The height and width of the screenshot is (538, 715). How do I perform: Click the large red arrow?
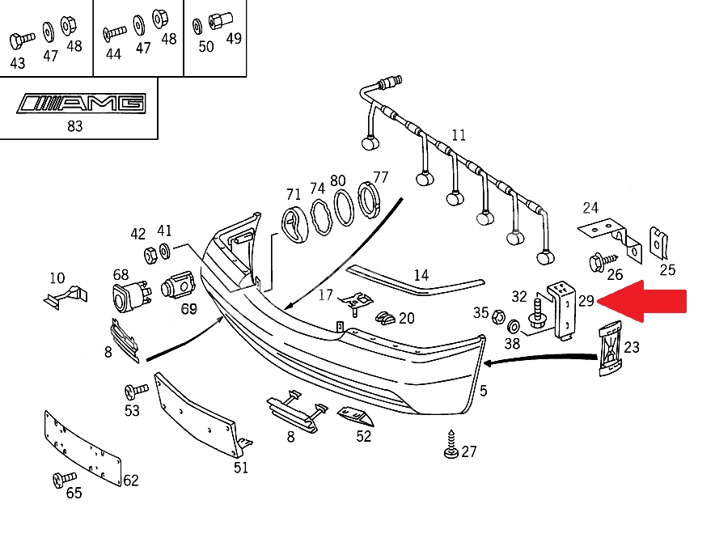(642, 302)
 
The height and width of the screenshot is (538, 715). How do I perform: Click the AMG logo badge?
(82, 104)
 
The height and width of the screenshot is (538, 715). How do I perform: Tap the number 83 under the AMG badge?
(74, 126)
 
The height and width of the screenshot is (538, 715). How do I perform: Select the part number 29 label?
(586, 301)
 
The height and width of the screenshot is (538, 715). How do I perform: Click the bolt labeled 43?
(21, 40)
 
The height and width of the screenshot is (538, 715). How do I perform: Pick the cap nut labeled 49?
(220, 20)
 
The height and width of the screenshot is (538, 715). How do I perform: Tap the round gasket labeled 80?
(344, 208)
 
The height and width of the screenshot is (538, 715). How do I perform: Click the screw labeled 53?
(136, 391)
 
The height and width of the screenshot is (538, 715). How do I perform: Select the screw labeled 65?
(64, 479)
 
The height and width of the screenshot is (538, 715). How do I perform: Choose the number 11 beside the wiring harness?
(459, 135)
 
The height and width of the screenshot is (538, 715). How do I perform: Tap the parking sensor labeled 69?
(178, 286)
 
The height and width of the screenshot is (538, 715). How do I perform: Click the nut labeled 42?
(151, 255)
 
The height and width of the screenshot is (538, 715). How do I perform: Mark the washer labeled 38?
(513, 327)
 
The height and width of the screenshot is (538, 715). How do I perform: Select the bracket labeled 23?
(610, 349)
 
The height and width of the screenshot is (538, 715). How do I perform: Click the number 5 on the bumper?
(484, 391)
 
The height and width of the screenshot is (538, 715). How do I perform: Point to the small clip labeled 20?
(386, 318)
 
